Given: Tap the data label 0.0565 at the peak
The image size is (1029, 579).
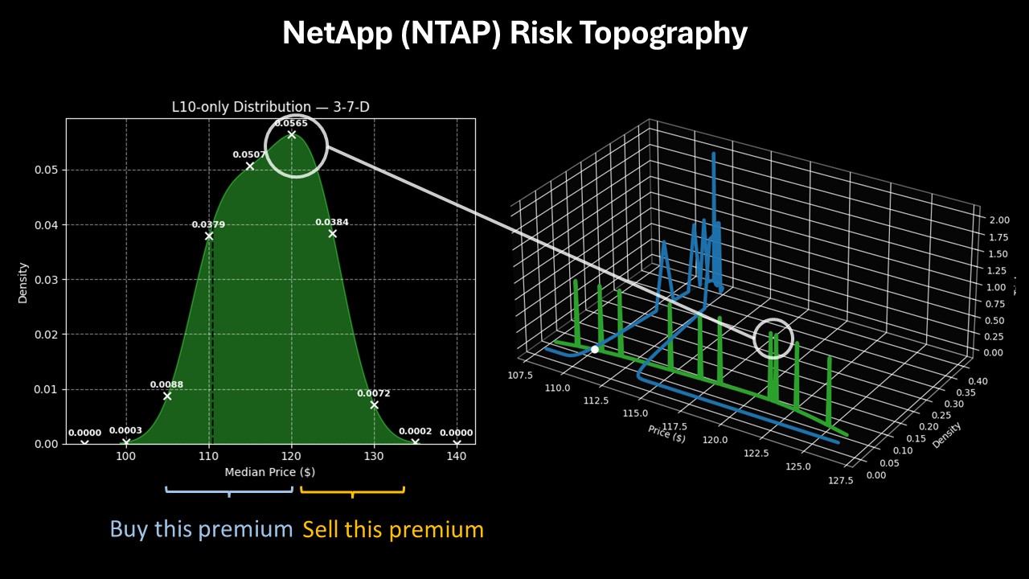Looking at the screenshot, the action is [291, 123].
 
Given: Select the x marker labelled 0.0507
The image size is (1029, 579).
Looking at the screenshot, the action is [250, 166].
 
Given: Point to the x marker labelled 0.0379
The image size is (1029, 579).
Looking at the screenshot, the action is [209, 236].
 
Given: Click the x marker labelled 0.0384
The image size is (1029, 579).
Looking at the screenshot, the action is [333, 233].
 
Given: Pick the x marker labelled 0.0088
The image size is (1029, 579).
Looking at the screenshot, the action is [167, 396].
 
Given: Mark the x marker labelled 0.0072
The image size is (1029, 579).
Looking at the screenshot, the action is [374, 404].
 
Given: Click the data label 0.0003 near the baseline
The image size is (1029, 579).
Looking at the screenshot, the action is [125, 430].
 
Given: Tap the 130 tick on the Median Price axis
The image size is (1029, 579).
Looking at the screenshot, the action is [374, 456].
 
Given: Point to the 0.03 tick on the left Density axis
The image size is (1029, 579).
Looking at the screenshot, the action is [47, 280].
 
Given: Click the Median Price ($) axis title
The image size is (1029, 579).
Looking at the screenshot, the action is [270, 472].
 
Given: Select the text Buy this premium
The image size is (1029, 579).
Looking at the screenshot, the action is [201, 529].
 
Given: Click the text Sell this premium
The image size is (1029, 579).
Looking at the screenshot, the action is [393, 529].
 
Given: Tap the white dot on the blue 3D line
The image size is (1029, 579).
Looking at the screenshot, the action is [594, 349].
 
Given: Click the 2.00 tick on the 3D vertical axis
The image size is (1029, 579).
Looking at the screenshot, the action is [999, 220].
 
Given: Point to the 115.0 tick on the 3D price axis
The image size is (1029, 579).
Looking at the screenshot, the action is [635, 413].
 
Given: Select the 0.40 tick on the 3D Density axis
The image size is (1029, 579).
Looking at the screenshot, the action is [978, 381].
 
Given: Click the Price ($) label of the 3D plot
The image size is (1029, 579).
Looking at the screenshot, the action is [666, 433].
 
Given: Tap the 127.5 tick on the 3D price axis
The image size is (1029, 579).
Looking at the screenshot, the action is [840, 480].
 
